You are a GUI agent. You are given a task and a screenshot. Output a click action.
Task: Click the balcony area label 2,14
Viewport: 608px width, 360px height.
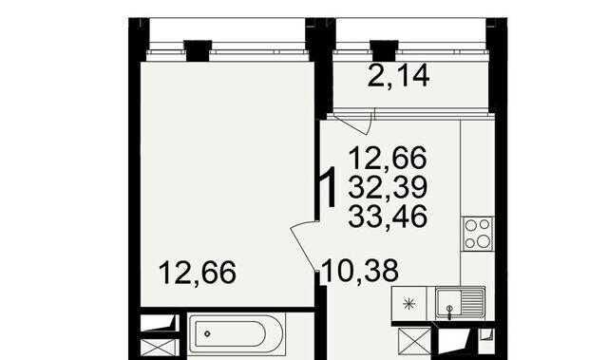[x=398, y=76]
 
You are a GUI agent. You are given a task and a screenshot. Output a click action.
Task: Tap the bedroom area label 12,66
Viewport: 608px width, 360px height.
[x=198, y=273]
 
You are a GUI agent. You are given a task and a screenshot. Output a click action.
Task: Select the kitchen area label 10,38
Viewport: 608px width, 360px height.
[x=360, y=271]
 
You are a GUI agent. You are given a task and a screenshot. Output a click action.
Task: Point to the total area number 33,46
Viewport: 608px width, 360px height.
[x=388, y=217]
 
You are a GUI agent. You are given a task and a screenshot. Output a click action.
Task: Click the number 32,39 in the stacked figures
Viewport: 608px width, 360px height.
[x=388, y=187]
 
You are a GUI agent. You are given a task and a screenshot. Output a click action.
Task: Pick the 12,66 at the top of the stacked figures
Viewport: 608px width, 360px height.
[x=388, y=158]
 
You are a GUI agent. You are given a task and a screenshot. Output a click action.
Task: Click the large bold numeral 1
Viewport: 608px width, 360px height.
[x=328, y=187]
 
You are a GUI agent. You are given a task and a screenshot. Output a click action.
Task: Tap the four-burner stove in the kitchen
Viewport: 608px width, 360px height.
[x=477, y=234]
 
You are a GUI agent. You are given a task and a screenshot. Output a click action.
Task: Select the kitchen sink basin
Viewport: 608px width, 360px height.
[x=448, y=303]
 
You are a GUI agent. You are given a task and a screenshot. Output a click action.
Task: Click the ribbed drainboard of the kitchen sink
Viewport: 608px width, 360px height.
[x=472, y=303]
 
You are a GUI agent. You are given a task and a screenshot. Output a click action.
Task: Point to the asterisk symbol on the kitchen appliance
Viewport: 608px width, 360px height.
[x=409, y=304]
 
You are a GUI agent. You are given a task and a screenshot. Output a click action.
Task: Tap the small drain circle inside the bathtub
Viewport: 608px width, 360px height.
[x=207, y=333]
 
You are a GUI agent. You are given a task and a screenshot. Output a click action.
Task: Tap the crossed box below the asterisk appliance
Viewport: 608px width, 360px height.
[x=415, y=341]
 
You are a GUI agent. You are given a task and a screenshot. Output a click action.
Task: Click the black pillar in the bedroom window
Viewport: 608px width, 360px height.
[x=198, y=50]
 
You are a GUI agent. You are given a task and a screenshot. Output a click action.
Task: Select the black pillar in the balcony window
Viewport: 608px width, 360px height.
[x=384, y=50]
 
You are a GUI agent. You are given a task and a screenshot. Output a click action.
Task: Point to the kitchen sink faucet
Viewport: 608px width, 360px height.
[x=449, y=312]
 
